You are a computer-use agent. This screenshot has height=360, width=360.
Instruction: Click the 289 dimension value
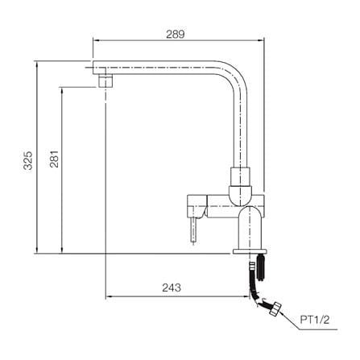click(176, 35)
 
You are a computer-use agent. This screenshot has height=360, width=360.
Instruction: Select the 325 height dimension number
click(28, 160)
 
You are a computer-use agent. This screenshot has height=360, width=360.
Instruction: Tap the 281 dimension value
click(54, 159)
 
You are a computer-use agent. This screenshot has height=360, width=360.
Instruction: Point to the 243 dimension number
click(172, 288)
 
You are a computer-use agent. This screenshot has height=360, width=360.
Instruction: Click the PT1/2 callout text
click(315, 320)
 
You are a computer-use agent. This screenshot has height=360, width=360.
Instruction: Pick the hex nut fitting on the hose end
click(275, 309)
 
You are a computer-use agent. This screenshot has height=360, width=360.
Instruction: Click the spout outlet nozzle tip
click(106, 81)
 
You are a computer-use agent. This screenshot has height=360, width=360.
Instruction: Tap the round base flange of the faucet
click(250, 251)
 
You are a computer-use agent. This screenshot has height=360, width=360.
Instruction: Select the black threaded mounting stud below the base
click(260, 267)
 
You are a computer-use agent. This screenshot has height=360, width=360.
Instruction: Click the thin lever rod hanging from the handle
click(193, 230)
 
